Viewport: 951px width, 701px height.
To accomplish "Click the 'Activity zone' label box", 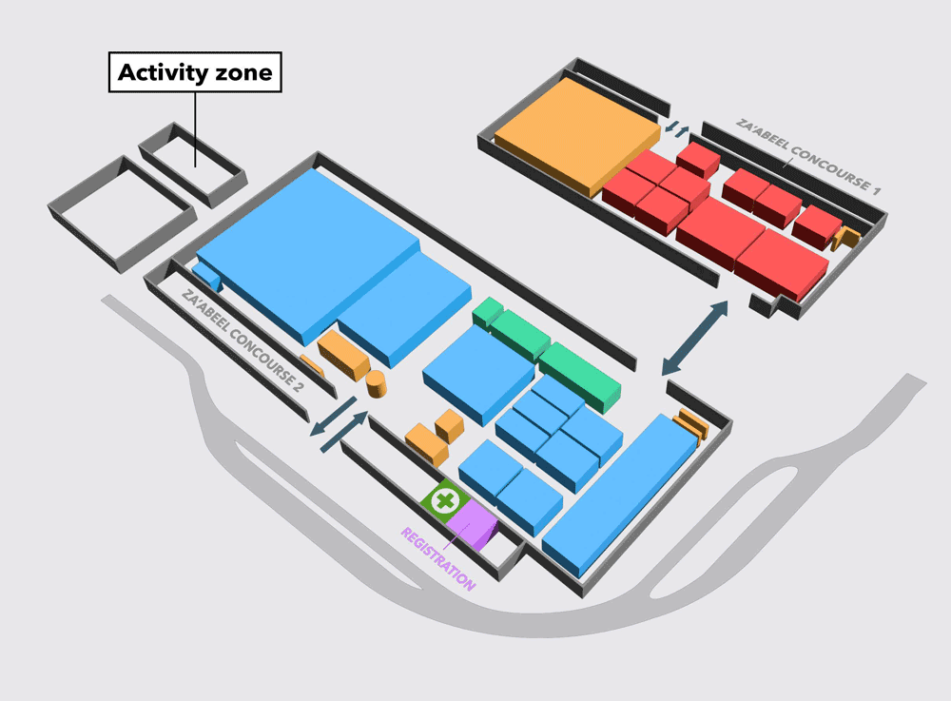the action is (x=195, y=72).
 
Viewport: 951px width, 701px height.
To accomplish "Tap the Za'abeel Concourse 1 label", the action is (x=807, y=156).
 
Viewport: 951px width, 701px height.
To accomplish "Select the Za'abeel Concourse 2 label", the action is (x=243, y=341).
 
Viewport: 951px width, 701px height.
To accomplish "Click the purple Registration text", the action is (x=437, y=558).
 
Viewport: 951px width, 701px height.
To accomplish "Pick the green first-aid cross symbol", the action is (x=446, y=501).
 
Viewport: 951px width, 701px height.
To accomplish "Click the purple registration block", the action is (x=473, y=525).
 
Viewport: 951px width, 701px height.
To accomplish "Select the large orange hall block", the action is (x=577, y=135).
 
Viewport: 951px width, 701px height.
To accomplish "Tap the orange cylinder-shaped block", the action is (x=376, y=384).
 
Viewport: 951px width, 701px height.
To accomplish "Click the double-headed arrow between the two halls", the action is (x=694, y=338).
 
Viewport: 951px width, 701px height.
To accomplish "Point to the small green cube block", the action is (x=487, y=312).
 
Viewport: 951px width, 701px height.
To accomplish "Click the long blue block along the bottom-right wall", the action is (x=620, y=496).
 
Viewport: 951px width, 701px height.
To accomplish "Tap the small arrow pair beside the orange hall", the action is (x=676, y=128).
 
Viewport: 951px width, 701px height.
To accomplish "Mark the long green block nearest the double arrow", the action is (x=580, y=378).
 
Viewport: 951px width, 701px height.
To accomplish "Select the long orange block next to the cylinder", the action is (x=343, y=356).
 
